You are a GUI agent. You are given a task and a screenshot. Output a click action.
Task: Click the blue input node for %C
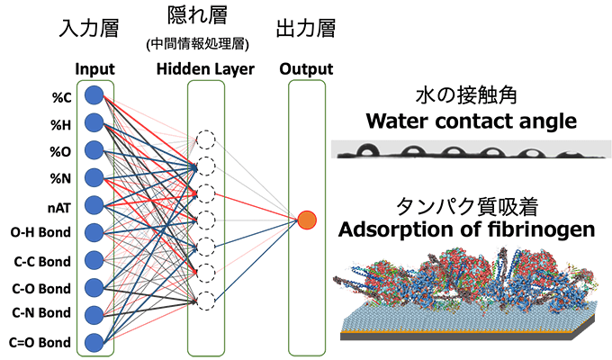[92, 95]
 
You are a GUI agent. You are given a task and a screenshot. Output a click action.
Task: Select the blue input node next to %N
[92, 177]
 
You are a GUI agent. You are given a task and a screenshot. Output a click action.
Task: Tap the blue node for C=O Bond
[92, 342]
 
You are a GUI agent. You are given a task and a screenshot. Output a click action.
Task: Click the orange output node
[307, 219]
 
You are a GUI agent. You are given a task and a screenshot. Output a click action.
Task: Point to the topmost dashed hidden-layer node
[206, 139]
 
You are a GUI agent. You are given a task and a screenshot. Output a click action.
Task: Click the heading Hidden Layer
[204, 69]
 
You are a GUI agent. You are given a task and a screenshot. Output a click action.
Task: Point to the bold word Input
[94, 69]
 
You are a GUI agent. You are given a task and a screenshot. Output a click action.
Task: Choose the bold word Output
[306, 69]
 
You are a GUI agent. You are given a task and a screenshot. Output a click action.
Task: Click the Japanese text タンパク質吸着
[467, 206]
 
